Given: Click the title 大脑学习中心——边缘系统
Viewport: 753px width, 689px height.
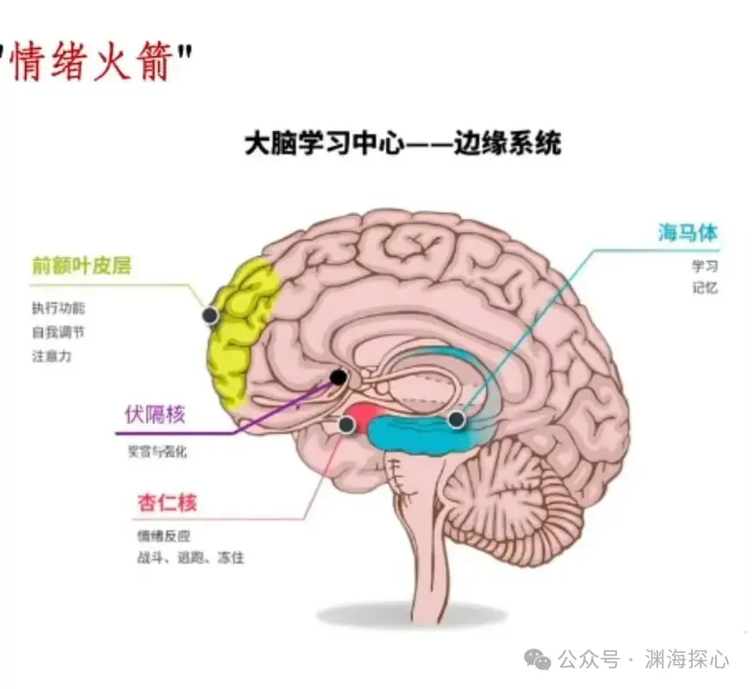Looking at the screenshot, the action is (402, 143).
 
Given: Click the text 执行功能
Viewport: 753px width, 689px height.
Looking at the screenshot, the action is (59, 307).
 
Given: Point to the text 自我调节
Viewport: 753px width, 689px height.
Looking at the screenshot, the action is (59, 332).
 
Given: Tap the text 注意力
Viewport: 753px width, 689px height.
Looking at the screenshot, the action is (52, 356).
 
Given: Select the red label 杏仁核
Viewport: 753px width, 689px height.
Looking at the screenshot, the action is (167, 502).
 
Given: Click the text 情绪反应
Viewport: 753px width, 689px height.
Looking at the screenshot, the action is (156, 535).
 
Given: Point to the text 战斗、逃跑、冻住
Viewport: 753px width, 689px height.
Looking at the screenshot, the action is (190, 557).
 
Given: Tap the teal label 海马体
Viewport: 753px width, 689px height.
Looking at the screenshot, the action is (688, 233).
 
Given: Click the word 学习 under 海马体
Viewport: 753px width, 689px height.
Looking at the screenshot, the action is (704, 266).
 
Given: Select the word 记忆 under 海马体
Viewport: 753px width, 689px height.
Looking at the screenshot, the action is (704, 289).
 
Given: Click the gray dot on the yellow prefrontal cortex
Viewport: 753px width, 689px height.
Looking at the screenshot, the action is (210, 315).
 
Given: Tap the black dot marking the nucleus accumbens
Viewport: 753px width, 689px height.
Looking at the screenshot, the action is (339, 377).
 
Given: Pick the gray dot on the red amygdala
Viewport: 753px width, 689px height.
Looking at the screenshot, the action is (346, 425).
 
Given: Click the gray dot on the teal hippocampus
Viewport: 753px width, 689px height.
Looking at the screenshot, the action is (456, 419).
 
